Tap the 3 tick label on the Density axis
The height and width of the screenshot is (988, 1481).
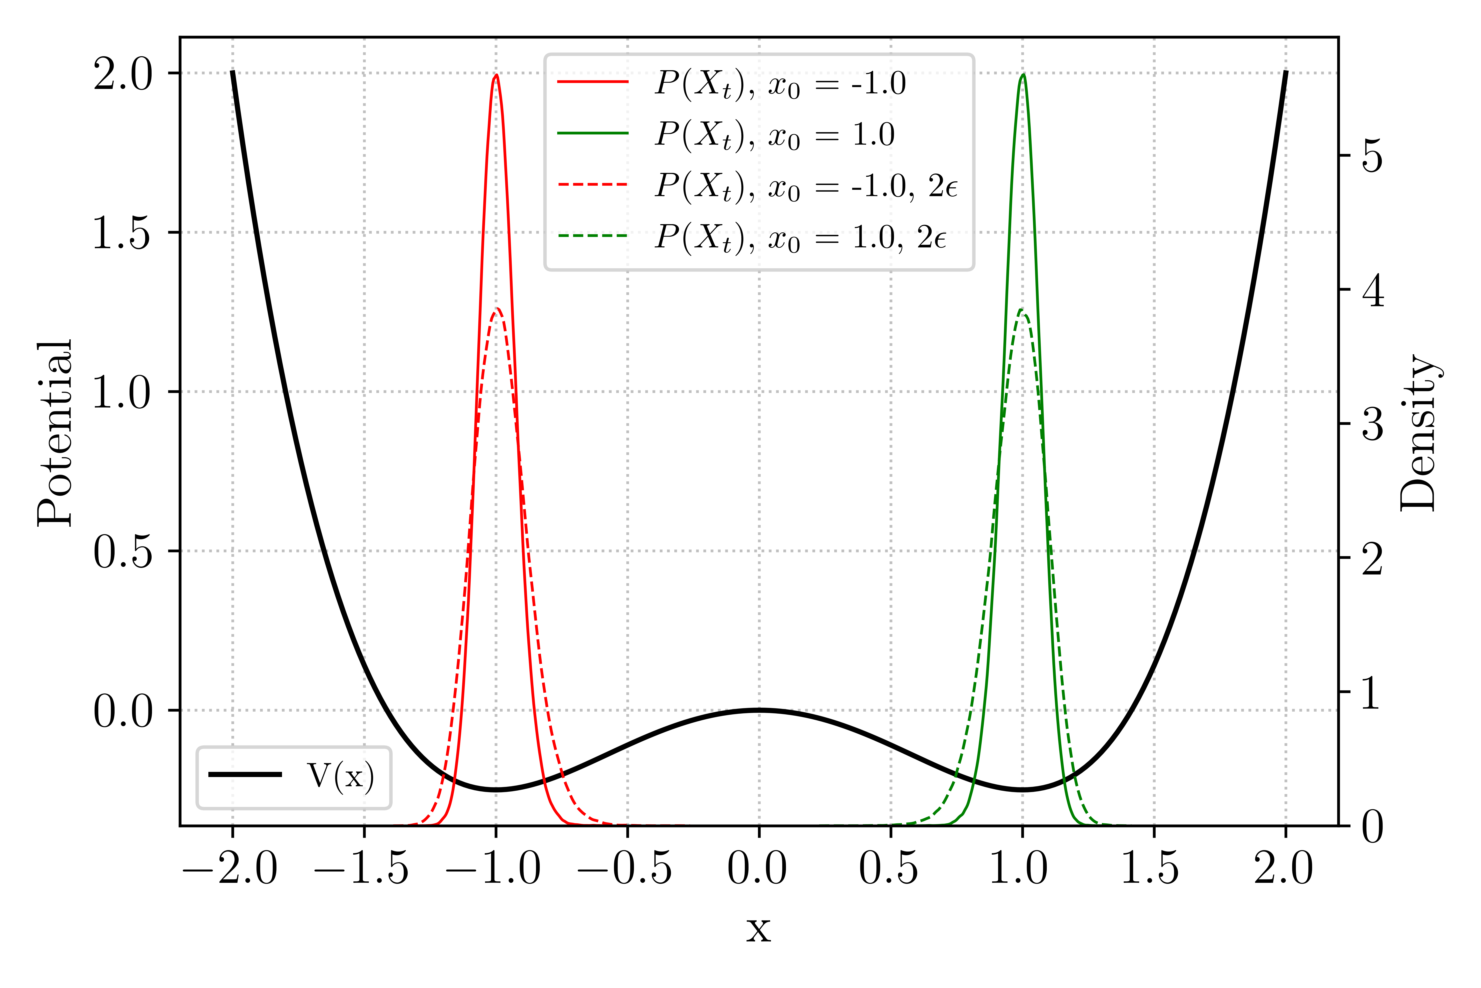click(x=1373, y=423)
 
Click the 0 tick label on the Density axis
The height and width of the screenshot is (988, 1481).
click(x=1373, y=826)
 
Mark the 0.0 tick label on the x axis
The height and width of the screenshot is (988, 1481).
click(x=758, y=868)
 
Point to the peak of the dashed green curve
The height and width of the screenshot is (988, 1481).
click(x=1021, y=310)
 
